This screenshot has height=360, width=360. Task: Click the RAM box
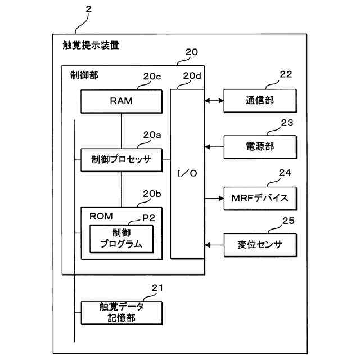coord(121,101)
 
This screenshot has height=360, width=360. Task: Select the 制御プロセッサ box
coord(121,159)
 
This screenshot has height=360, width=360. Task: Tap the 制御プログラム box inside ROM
coord(120,238)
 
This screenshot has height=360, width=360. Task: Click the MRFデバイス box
coord(259,198)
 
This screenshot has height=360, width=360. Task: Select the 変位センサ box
coord(259,245)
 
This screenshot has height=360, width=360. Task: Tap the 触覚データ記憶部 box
coord(121,312)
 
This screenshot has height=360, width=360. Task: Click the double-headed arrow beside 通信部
coord(214,101)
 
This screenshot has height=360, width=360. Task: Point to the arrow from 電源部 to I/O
coord(214,147)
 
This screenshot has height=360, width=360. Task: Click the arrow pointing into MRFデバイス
coord(214,198)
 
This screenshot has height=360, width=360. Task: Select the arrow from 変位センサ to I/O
coord(214,245)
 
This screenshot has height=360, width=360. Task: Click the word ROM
coord(101,216)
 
